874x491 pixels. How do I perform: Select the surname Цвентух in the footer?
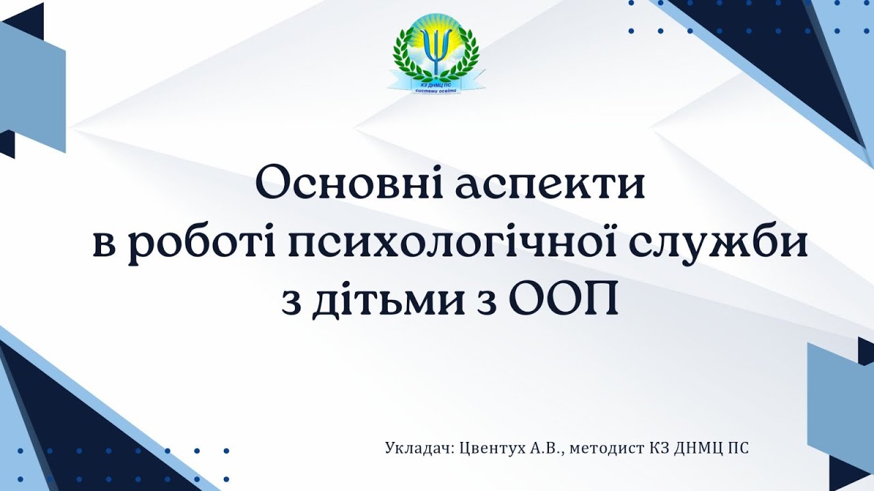pos(490,449)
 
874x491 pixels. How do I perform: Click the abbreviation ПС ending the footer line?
pos(739,449)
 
